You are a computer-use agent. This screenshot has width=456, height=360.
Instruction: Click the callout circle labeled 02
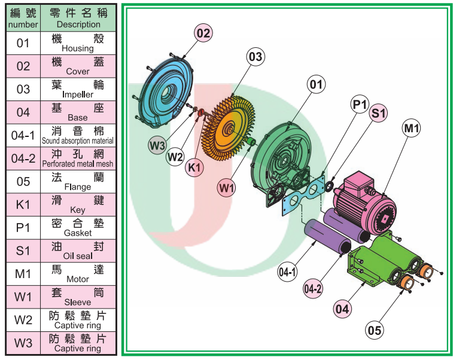pyautogui.click(x=203, y=33)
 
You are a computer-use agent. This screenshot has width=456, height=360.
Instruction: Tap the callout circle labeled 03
pyautogui.click(x=256, y=57)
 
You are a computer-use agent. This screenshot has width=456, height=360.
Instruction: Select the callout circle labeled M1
pyautogui.click(x=412, y=127)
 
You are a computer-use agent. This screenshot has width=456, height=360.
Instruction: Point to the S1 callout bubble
pyautogui.click(x=379, y=112)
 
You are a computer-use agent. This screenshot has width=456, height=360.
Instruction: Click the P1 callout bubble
pyautogui.click(x=360, y=105)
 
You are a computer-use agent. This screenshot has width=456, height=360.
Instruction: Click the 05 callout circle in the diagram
pyautogui.click(x=375, y=329)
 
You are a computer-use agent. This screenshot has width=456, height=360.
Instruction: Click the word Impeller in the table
pyautogui.click(x=78, y=94)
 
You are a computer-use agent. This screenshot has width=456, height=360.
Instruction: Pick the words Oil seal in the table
pyautogui.click(x=78, y=256)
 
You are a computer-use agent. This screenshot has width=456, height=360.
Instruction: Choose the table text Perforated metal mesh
pyautogui.click(x=78, y=164)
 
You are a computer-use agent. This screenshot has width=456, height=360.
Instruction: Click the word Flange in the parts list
pyautogui.click(x=78, y=187)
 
